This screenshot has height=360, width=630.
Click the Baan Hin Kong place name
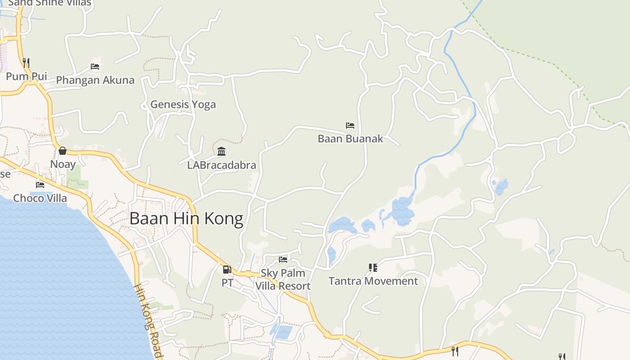pyautogui.click(x=186, y=219)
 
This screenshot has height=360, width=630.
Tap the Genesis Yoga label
pyautogui.click(x=183, y=104)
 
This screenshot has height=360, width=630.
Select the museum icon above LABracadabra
pyautogui.click(x=221, y=151)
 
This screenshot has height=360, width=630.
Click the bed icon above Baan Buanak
pyautogui.click(x=350, y=125)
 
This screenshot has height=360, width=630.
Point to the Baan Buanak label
pyautogui.click(x=350, y=139)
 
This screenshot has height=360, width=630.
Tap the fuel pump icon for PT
pyautogui.click(x=227, y=269)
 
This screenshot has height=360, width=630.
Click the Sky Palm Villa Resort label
pyautogui.click(x=283, y=279)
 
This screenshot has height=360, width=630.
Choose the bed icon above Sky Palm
pyautogui.click(x=283, y=259)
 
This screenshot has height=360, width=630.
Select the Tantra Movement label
pyautogui.click(x=373, y=281)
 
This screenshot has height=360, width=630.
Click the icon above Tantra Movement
pyautogui.click(x=373, y=268)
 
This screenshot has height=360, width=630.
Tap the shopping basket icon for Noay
pyautogui.click(x=63, y=150)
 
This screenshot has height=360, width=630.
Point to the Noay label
pyautogui.click(x=63, y=164)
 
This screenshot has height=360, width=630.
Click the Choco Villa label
pyautogui.click(x=40, y=198)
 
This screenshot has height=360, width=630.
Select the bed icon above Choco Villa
pyautogui.click(x=40, y=184)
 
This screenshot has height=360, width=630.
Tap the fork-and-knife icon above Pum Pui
pyautogui.click(x=26, y=63)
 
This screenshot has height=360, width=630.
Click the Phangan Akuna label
pyautogui.click(x=95, y=80)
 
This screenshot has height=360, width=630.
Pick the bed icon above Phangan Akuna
pyautogui.click(x=95, y=66)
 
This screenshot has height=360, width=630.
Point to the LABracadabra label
pyautogui.click(x=221, y=165)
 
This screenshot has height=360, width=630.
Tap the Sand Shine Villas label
pyautogui.click(x=49, y=3)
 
